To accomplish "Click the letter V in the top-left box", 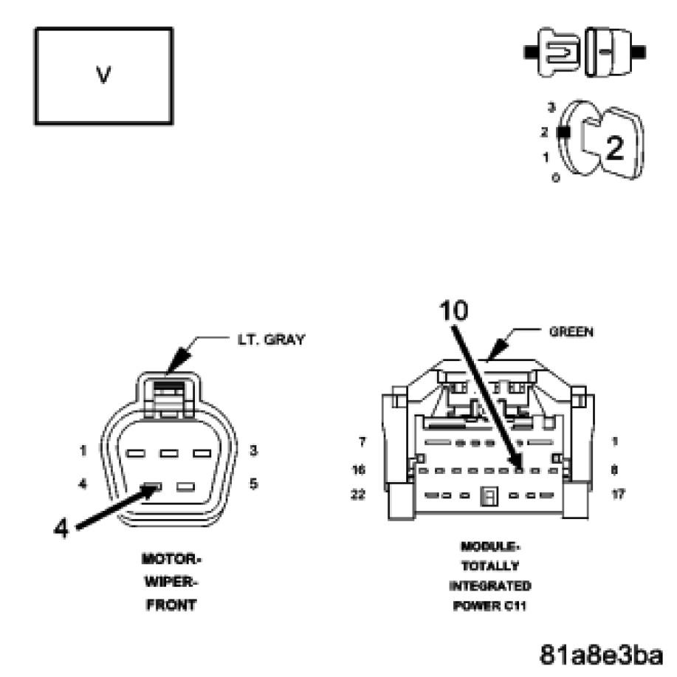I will click(x=103, y=76).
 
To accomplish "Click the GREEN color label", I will click(x=571, y=332).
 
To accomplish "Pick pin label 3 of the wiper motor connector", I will click(x=254, y=450).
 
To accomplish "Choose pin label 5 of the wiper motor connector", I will click(x=254, y=484).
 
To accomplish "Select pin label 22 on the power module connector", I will click(x=358, y=495).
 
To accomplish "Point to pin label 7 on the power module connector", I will click(x=362, y=441).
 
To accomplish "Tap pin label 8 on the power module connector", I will click(x=615, y=469).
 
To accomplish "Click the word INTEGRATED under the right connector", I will click(x=489, y=586).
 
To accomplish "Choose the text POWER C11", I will click(x=489, y=606).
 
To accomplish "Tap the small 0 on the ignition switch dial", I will click(x=555, y=179).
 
